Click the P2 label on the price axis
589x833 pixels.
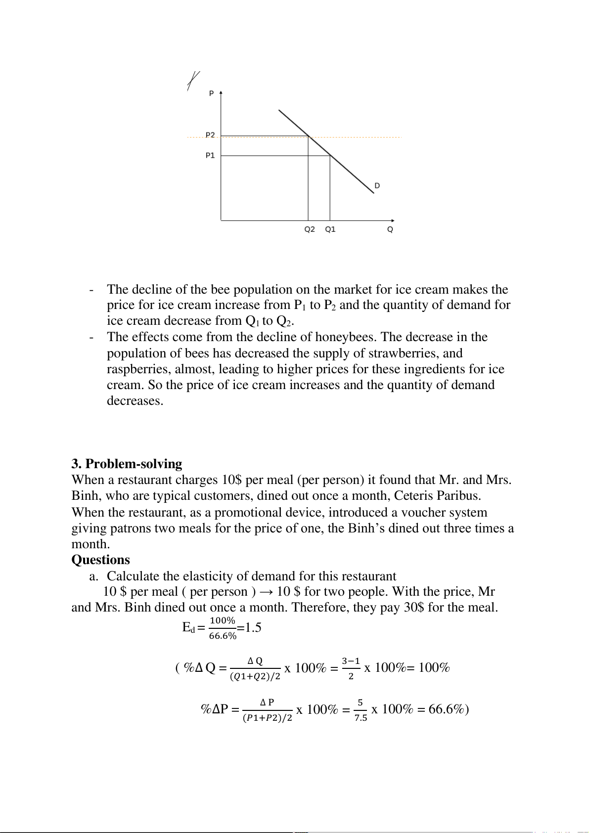210,135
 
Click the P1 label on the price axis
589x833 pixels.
210,156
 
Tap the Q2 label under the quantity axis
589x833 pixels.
310,229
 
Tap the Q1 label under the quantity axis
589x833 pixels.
330,229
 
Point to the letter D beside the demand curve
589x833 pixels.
377,186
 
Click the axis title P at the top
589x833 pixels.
212,93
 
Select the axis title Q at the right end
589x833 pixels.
390,230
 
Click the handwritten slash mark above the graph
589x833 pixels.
193,81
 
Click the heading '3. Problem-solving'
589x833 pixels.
127,464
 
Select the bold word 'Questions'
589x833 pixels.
100,560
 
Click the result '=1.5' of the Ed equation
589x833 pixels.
249,628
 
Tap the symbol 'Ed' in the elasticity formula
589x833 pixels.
188,628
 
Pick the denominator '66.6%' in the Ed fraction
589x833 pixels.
223,636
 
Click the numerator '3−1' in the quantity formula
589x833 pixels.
351,661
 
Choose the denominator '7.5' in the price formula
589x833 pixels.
361,718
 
